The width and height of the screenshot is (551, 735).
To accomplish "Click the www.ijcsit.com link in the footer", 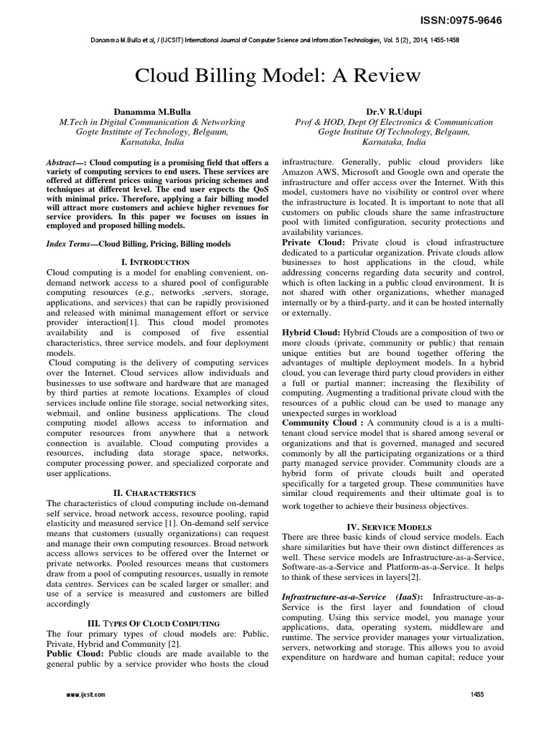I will (x=85, y=695).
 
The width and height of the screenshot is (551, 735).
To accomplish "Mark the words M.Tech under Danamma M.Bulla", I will (x=75, y=123).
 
